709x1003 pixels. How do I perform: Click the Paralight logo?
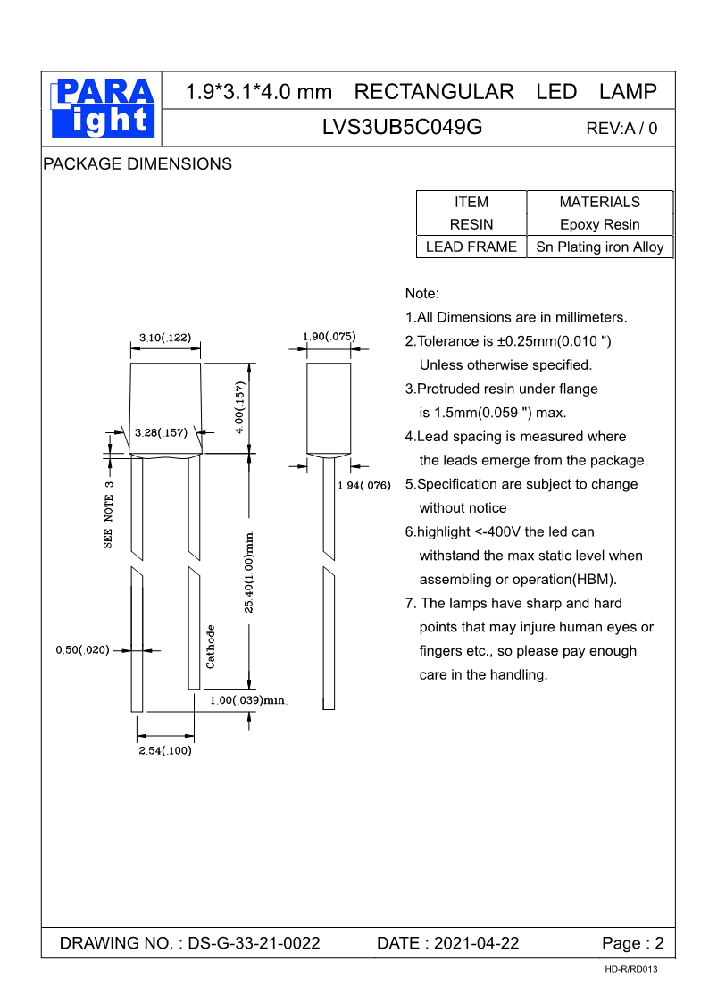pyautogui.click(x=102, y=108)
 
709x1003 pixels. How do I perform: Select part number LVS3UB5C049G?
pyautogui.click(x=402, y=127)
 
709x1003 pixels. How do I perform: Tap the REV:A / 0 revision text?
pyautogui.click(x=621, y=128)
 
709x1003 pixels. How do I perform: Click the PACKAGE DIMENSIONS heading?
pyautogui.click(x=138, y=164)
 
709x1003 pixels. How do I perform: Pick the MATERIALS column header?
pyautogui.click(x=599, y=202)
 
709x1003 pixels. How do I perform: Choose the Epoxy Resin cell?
pyautogui.click(x=599, y=224)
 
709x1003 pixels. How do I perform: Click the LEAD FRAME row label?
pyautogui.click(x=471, y=247)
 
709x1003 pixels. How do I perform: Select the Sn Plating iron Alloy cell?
pyautogui.click(x=599, y=247)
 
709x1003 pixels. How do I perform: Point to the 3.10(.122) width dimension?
pyautogui.click(x=165, y=337)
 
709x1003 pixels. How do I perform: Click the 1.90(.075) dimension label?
pyautogui.click(x=329, y=336)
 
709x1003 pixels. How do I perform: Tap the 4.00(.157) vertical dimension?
pyautogui.click(x=239, y=408)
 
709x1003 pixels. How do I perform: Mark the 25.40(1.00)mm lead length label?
pyautogui.click(x=251, y=572)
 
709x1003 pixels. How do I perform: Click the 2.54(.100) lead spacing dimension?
pyautogui.click(x=165, y=751)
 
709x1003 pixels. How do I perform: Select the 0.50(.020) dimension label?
pyautogui.click(x=82, y=650)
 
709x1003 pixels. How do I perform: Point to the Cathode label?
pyautogui.click(x=211, y=646)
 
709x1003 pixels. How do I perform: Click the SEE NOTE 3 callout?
pyautogui.click(x=109, y=514)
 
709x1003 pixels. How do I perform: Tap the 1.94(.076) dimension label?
pyautogui.click(x=364, y=485)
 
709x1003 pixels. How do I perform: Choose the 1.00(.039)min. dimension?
pyautogui.click(x=248, y=700)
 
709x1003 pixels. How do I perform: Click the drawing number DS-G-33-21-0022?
pyautogui.click(x=254, y=943)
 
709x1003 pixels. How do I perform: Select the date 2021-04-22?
pyautogui.click(x=476, y=943)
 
